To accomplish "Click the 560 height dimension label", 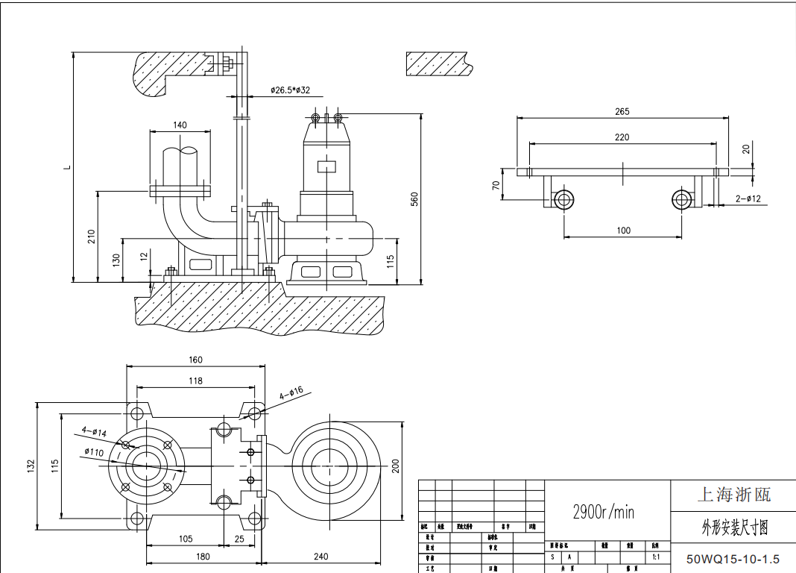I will click(415, 198).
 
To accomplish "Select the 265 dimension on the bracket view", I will click(622, 112).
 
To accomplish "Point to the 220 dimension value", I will click(622, 137).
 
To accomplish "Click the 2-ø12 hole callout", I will click(748, 198).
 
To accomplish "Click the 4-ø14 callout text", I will click(95, 430).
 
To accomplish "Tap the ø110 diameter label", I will click(93, 451).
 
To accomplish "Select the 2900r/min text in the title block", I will click(603, 512).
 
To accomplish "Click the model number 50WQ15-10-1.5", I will click(733, 559).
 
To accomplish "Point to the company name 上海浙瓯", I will click(733, 494).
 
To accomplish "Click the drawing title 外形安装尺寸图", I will click(734, 528).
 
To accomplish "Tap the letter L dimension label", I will click(66, 166).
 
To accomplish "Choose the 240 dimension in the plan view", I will click(321, 557).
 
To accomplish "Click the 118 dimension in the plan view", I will click(195, 381).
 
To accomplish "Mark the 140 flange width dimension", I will click(180, 125).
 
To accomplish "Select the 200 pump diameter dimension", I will click(396, 466).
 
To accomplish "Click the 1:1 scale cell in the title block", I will click(656, 557).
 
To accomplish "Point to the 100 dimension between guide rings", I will click(623, 231).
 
